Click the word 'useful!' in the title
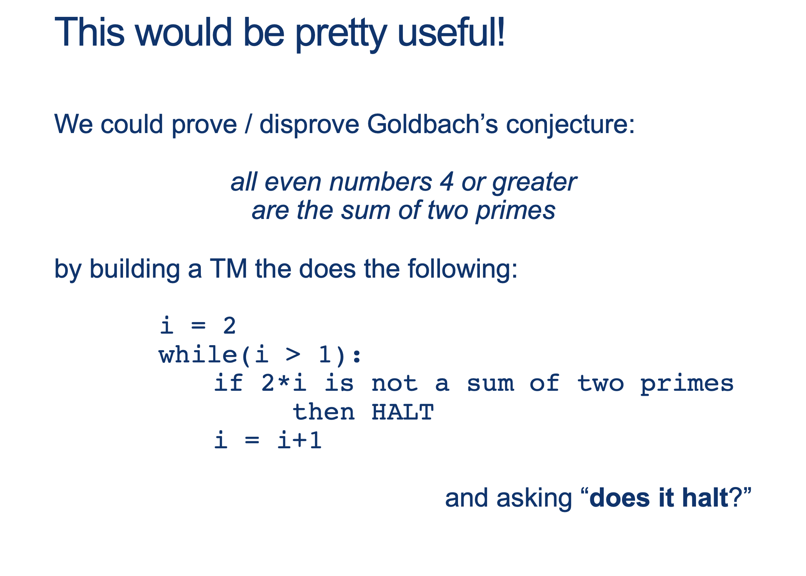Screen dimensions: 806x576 pos(451,32)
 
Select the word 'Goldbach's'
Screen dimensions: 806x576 pos(432,124)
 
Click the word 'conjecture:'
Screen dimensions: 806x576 pos(570,125)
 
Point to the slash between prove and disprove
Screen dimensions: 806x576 pos(248,124)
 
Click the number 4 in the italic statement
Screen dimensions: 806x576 pos(447,182)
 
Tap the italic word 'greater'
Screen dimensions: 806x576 pos(534,183)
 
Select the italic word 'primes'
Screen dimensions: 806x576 pos(515,211)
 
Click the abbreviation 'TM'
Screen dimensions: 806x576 pos(228,269)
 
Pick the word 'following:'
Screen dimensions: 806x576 pos(463,270)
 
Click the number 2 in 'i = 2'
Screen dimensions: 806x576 pos(229,326)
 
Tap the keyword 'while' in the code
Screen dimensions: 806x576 pos(198,355)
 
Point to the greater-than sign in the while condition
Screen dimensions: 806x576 pos(293,354)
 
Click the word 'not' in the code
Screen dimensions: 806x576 pos(394,383)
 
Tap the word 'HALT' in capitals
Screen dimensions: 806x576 pos(402,412)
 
